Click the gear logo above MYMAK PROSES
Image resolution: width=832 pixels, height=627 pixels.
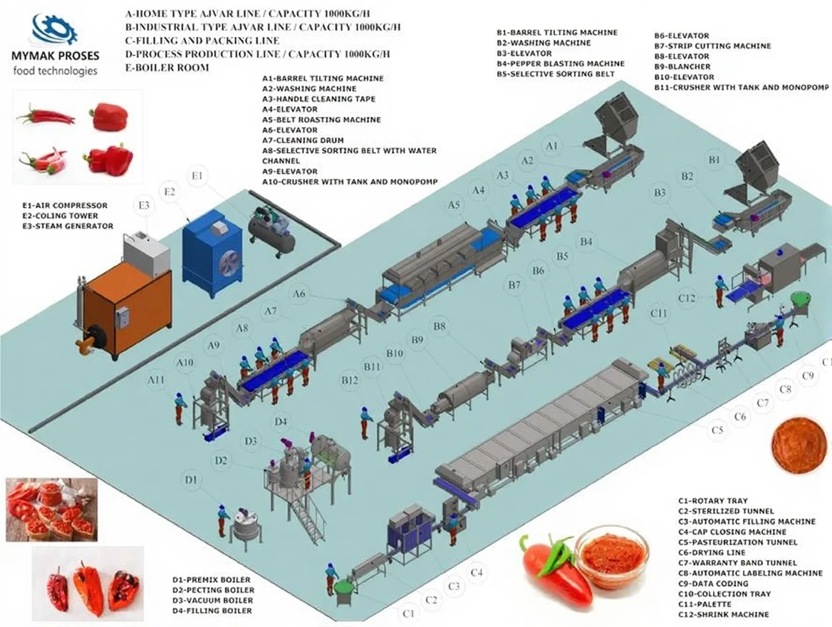tap(54, 28)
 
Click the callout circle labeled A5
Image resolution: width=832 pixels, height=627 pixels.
tap(454, 205)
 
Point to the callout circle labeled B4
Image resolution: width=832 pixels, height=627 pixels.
tap(586, 242)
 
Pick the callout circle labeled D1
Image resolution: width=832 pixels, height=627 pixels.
tap(190, 480)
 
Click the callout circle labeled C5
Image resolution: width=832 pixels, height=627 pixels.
tap(717, 430)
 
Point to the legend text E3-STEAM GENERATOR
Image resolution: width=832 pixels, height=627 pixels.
tap(68, 226)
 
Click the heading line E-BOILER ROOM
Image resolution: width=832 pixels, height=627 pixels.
tap(167, 68)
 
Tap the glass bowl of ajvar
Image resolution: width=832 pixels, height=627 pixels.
tap(611, 556)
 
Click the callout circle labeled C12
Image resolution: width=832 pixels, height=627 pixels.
tap(687, 297)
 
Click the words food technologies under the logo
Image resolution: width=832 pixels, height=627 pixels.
tap(55, 71)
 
